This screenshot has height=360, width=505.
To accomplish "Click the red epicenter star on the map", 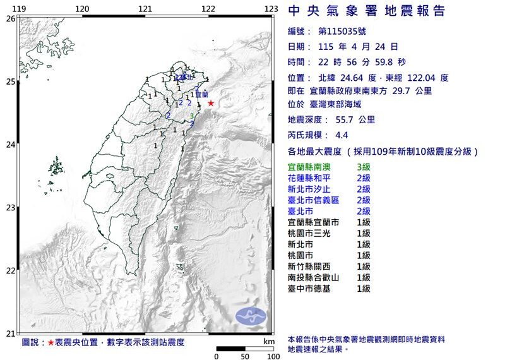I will pyautogui.click(x=211, y=103).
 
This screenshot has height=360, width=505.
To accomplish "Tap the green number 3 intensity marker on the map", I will pyautogui.click(x=192, y=116).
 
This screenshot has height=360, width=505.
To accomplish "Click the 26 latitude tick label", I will pyautogui.click(x=10, y=18).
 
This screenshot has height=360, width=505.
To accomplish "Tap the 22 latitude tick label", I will pyautogui.click(x=10, y=271).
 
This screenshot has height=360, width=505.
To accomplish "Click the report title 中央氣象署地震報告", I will pyautogui.click(x=366, y=11).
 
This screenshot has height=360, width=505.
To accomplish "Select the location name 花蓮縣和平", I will pyautogui.click(x=309, y=179).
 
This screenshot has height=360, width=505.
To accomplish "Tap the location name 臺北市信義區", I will pyautogui.click(x=314, y=200).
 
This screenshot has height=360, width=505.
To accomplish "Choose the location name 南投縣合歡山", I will pyautogui.click(x=314, y=277).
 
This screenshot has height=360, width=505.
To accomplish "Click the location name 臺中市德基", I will pyautogui.click(x=309, y=289).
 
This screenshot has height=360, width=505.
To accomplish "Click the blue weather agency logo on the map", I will pyautogui.click(x=251, y=316).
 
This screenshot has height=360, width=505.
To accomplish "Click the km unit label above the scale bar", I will pyautogui.click(x=269, y=340).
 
